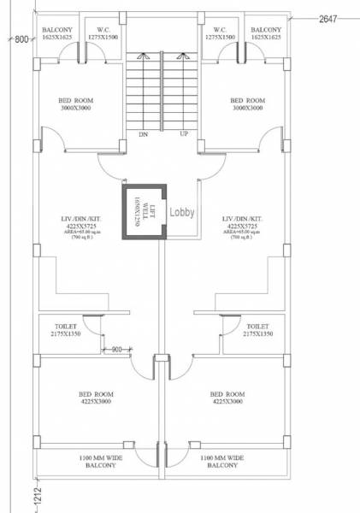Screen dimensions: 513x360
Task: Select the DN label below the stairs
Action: (x=143, y=134)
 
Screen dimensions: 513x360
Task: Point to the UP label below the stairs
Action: (x=183, y=134)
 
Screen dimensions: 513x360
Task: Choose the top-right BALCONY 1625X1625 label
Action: (x=265, y=34)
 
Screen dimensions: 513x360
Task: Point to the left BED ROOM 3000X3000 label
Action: (x=76, y=104)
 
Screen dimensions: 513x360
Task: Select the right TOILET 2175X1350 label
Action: (x=258, y=331)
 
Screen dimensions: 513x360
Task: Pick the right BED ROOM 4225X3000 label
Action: (x=227, y=398)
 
